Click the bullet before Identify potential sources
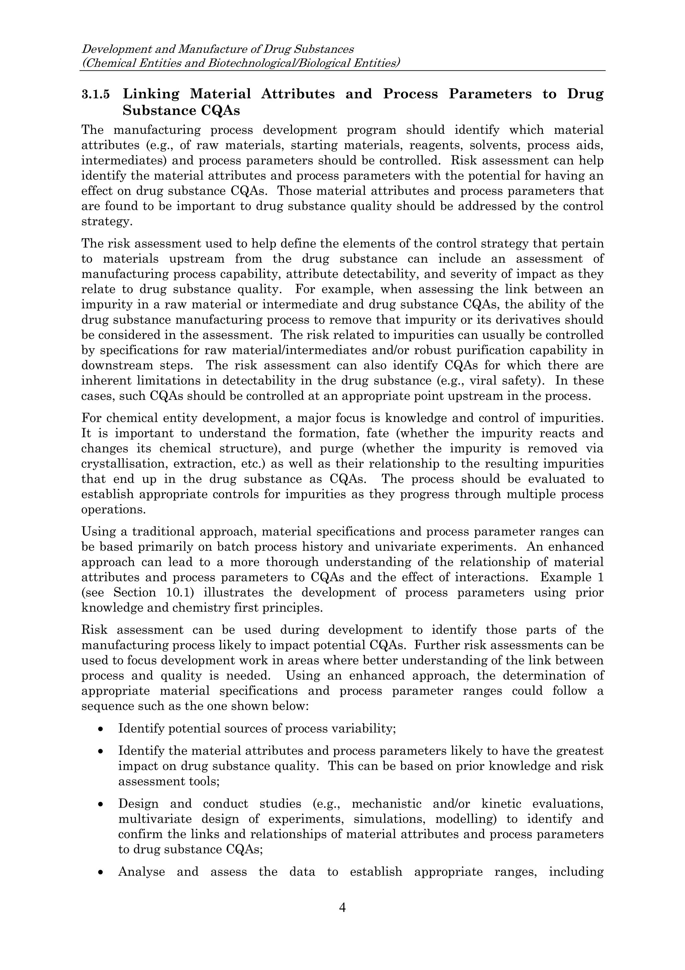pyautogui.click(x=100, y=729)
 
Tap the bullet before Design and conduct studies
pyautogui.click(x=100, y=804)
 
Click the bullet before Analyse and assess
pyautogui.click(x=100, y=872)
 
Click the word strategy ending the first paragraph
pyautogui.click(x=105, y=222)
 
